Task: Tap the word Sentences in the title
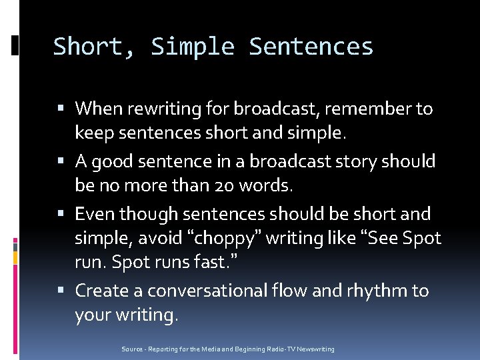pyautogui.click(x=311, y=47)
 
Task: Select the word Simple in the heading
pyautogui.click(x=193, y=47)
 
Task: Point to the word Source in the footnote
pyautogui.click(x=132, y=349)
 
